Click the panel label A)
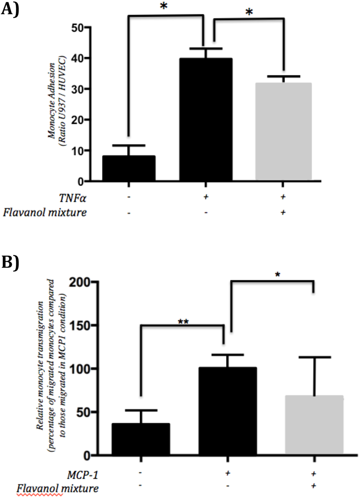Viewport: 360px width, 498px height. click(10, 9)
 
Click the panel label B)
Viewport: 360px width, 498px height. click(10, 262)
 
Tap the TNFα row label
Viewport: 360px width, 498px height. click(73, 198)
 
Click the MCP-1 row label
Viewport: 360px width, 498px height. click(82, 475)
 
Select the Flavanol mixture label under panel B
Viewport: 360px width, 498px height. click(57, 489)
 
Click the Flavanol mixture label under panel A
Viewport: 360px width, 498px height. click(45, 213)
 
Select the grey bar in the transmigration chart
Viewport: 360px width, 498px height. click(314, 425)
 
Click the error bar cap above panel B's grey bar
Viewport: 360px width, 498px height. click(314, 357)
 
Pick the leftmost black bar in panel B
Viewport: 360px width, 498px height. click(141, 439)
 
